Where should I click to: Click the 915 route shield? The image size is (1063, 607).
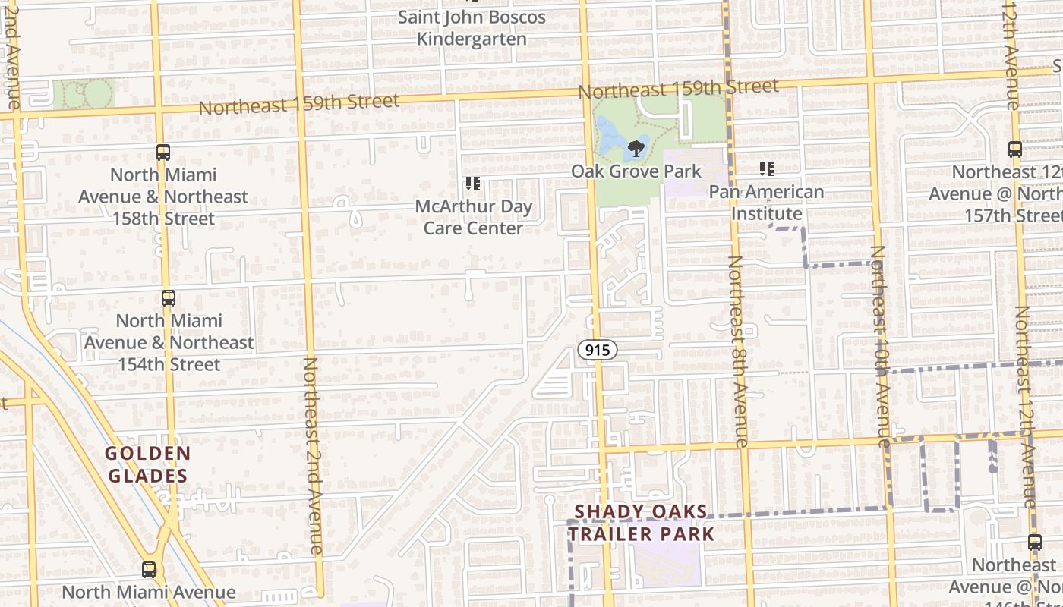(597, 350)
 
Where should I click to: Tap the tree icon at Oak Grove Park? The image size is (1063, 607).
(636, 149)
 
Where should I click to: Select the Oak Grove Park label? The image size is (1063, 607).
(636, 171)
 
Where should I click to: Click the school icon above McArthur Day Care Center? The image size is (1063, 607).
(473, 184)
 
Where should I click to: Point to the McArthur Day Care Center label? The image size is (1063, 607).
(473, 217)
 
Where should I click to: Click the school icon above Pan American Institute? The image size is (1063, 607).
(766, 169)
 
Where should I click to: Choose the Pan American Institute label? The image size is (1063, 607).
(766, 203)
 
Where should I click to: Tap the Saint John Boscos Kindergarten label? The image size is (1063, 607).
(472, 28)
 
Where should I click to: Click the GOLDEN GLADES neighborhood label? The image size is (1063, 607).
(147, 464)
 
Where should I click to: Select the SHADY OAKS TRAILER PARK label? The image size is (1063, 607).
(642, 523)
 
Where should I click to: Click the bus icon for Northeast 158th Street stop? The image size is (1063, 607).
(163, 153)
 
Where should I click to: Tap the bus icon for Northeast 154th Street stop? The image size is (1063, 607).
(169, 298)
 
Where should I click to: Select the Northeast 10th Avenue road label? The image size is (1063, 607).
(879, 345)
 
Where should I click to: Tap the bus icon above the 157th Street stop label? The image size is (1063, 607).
(1015, 149)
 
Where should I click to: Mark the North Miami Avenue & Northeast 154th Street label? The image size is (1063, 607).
(169, 342)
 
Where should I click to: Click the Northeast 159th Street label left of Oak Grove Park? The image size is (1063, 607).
(298, 104)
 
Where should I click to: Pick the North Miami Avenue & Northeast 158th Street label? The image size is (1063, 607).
(163, 197)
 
